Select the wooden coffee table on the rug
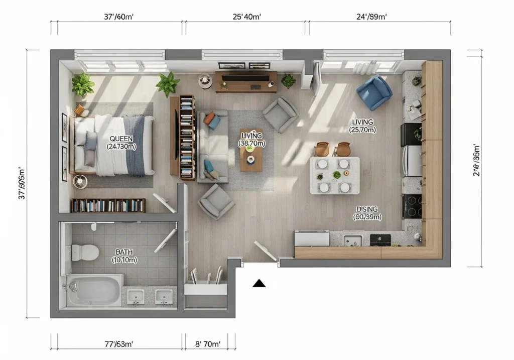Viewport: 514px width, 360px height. tap(251, 157)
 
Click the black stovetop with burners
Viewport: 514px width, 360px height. tap(412, 206)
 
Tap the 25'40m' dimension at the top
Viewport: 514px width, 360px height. tap(246, 17)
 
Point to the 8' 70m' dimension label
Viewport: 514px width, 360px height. tap(206, 344)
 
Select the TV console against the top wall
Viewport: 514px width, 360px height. tap(246, 81)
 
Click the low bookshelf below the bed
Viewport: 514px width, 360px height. tap(108, 205)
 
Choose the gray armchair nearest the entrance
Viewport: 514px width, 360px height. tap(216, 201)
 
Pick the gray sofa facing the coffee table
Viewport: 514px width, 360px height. tap(213, 146)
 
